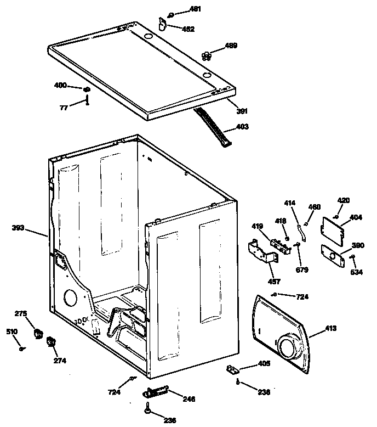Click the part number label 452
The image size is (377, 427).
point(189,30)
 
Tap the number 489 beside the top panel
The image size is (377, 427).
point(231,46)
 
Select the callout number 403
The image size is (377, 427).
point(242,127)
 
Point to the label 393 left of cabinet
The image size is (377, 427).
point(19,228)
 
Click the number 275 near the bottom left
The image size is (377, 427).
point(20,313)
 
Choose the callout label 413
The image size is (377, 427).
point(330,328)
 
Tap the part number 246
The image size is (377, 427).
point(188,399)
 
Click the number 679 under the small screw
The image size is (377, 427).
point(302,269)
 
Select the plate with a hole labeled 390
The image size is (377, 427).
point(333,255)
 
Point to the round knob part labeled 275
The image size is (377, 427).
point(38,333)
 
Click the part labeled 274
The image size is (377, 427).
point(50,343)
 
